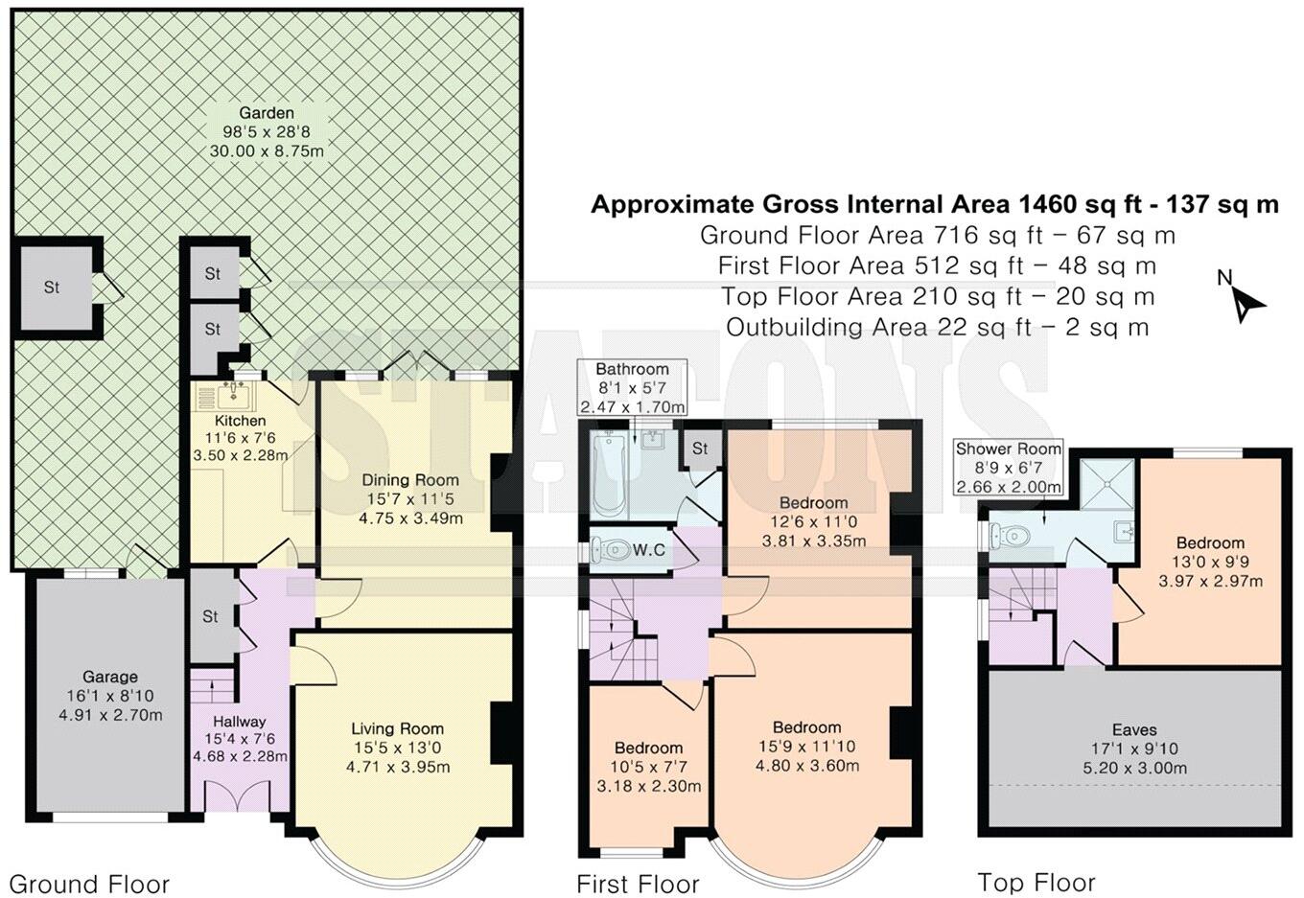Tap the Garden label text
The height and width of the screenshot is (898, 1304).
tap(266, 113)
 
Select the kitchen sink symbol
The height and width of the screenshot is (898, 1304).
tap(232, 395)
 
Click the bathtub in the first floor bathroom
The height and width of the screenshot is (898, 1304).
tap(609, 474)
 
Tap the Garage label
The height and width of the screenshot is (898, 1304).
tap(109, 677)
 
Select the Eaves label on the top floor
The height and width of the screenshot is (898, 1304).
tap(1134, 729)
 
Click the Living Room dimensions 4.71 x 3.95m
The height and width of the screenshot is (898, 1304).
tap(397, 766)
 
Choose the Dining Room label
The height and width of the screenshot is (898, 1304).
tap(409, 480)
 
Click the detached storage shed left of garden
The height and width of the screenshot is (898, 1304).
tap(53, 287)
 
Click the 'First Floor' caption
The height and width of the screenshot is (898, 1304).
tap(638, 884)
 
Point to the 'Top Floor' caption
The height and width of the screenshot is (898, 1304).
tap(1036, 882)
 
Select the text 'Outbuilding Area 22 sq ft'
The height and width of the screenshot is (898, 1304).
tap(877, 327)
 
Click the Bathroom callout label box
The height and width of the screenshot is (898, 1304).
tap(632, 387)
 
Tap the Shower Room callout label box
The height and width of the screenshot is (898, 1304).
tap(1008, 467)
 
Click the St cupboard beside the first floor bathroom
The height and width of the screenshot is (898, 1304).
tap(700, 449)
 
